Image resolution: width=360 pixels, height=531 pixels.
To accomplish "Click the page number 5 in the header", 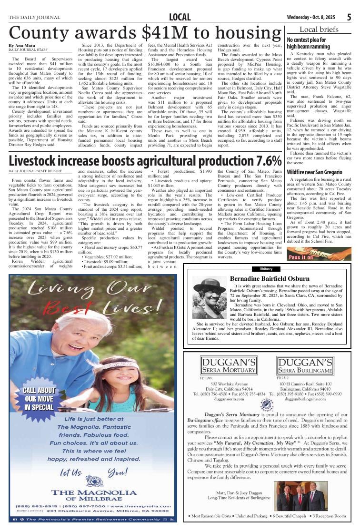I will point(349,18).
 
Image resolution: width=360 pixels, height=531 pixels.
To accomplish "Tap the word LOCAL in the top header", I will point(180,18).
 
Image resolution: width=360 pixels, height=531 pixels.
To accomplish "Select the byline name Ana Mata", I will point(22,45).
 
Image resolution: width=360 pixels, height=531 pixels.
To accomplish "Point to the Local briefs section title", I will point(319,29).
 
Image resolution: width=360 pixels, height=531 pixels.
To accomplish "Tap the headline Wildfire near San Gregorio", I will point(314,172).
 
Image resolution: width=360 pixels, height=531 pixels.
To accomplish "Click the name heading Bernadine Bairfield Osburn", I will point(270,278).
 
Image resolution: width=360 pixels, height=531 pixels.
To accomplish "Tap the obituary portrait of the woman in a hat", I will point(209,298).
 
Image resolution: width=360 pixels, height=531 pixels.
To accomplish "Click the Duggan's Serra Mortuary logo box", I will point(229,365).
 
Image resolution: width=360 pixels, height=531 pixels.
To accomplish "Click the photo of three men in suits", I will point(300,496).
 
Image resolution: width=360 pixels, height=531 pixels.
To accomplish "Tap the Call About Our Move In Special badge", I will point(39,399).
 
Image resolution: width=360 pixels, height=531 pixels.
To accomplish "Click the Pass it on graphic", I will point(319,254).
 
